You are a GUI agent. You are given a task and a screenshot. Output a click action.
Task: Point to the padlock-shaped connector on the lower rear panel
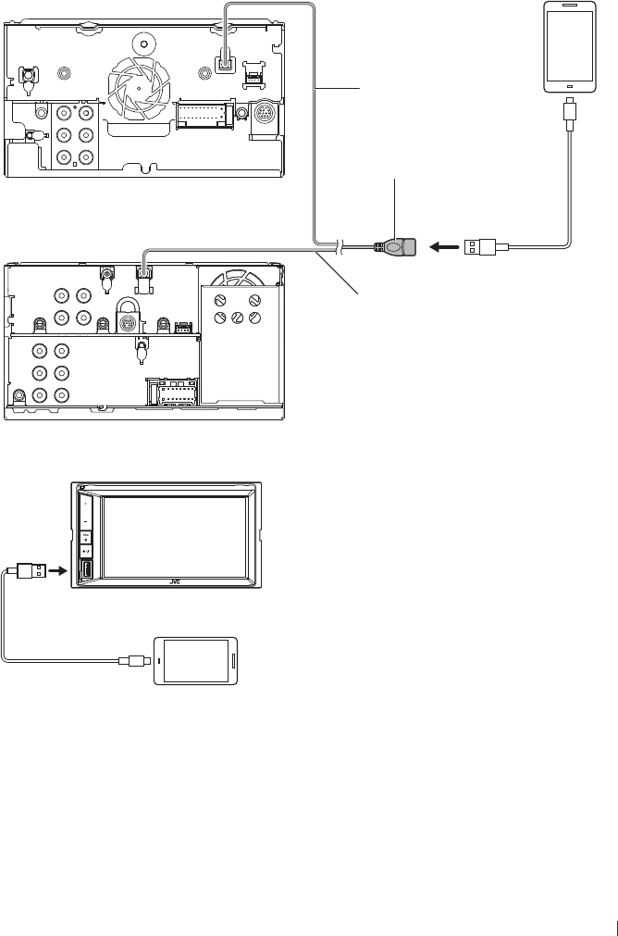point(128,316)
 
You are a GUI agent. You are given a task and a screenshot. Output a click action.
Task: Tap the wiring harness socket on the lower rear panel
point(172,395)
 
